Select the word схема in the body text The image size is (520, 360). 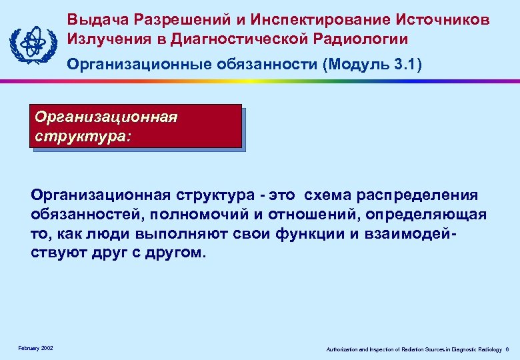(x=328, y=195)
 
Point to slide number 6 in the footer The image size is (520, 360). (x=507, y=349)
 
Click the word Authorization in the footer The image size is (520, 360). (x=339, y=349)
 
